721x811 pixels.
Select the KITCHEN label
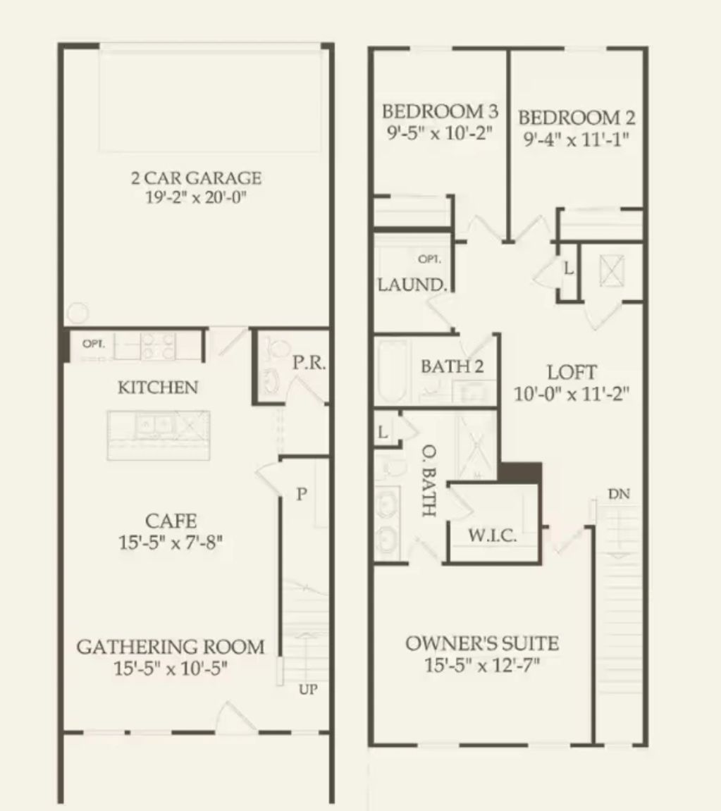pyautogui.click(x=158, y=388)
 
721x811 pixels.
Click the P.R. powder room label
pyautogui.click(x=308, y=364)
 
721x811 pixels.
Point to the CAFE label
pyautogui.click(x=171, y=521)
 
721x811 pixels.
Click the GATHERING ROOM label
pyautogui.click(x=171, y=647)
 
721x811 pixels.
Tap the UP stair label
pyautogui.click(x=308, y=690)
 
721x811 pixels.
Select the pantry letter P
pyautogui.click(x=301, y=495)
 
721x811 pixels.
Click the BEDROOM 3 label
pyautogui.click(x=440, y=111)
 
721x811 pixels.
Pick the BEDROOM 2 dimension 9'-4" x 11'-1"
pyautogui.click(x=576, y=139)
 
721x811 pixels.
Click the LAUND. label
pyautogui.click(x=412, y=285)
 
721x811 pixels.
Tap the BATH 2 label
pyautogui.click(x=452, y=366)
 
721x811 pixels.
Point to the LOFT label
pyautogui.click(x=572, y=373)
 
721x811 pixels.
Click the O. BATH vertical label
pyautogui.click(x=427, y=481)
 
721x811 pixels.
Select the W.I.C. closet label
pyautogui.click(x=493, y=536)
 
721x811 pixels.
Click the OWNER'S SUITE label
pyautogui.click(x=482, y=643)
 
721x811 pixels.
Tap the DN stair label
pyautogui.click(x=619, y=495)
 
